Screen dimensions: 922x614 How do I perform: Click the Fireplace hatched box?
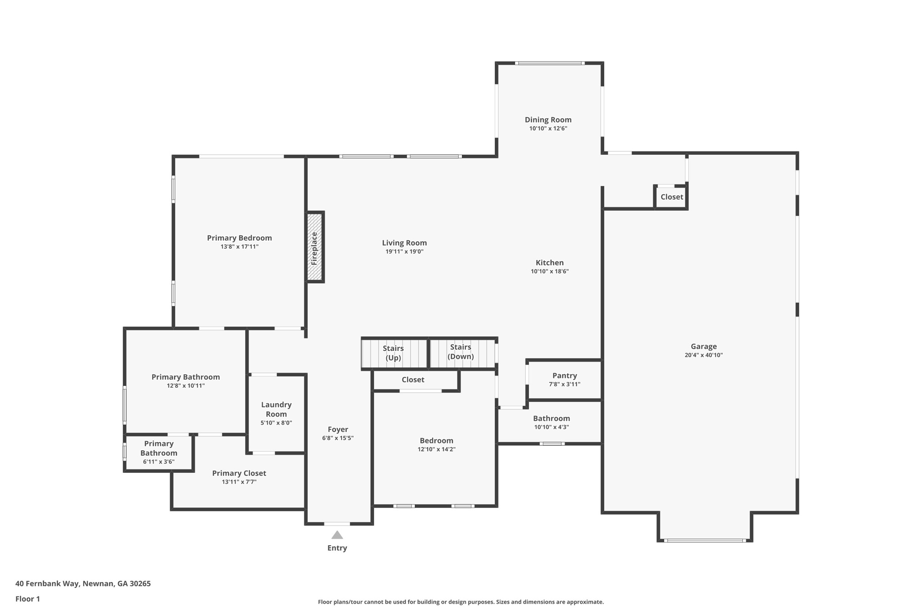click(315, 247)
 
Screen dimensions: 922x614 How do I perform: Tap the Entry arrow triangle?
click(337, 535)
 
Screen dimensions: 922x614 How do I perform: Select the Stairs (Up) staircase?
click(394, 354)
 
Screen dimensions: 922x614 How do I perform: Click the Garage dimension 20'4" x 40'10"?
click(704, 355)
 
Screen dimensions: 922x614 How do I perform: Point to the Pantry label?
click(565, 376)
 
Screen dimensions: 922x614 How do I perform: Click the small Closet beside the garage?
click(671, 197)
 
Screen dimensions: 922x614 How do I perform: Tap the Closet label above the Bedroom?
click(413, 380)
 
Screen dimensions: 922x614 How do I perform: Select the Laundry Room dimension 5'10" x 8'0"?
click(276, 423)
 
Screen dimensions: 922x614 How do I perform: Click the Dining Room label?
click(548, 120)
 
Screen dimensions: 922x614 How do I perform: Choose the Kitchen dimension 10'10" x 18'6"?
click(550, 271)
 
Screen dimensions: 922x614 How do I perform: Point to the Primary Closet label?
click(239, 473)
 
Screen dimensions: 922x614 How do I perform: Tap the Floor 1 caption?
click(27, 599)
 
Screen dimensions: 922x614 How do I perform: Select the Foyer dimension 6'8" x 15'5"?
click(338, 438)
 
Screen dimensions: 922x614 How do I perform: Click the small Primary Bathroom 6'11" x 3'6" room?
click(159, 453)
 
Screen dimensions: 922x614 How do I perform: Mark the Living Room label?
click(404, 243)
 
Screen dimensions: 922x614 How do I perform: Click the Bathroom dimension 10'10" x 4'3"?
click(551, 427)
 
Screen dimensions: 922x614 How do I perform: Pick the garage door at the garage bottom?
click(705, 540)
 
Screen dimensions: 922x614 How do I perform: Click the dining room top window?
click(550, 63)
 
